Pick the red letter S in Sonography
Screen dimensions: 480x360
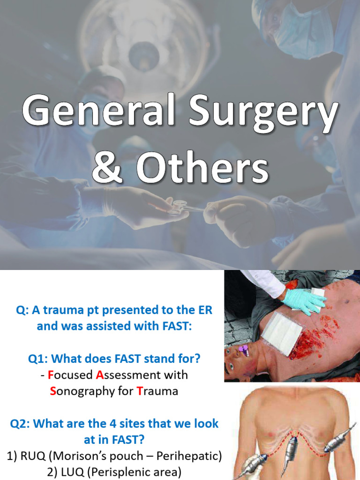[x=53, y=391]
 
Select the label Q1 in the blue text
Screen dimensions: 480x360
[x=38, y=359]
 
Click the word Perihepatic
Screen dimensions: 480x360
[x=187, y=456]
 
